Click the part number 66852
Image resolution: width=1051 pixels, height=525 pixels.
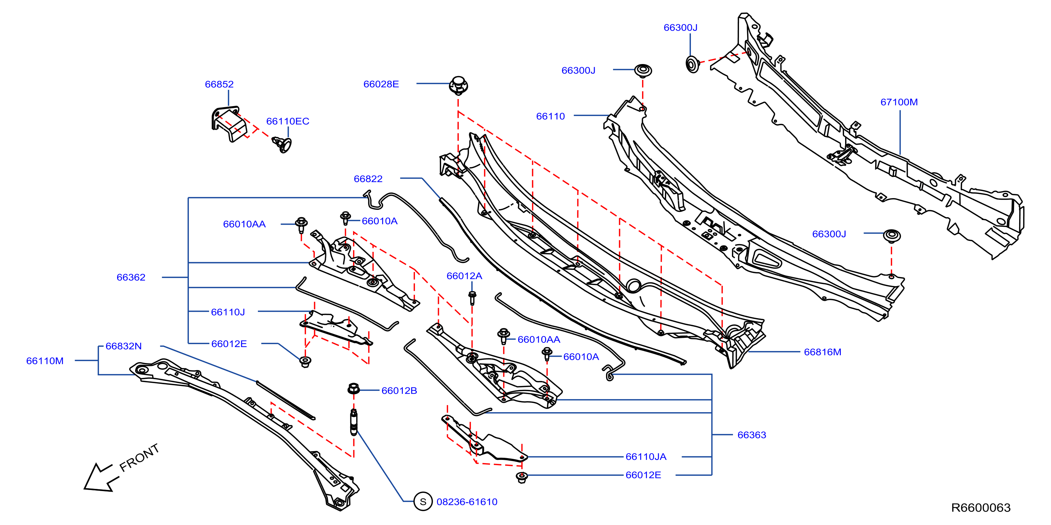coord(219,84)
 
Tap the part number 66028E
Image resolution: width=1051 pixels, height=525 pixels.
coord(381,84)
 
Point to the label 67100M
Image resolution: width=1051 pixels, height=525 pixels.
coord(899,102)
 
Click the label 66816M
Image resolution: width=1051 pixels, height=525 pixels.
coord(822,352)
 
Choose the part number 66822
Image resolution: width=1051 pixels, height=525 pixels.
coord(368,179)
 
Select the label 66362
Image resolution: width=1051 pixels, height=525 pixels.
coord(131,277)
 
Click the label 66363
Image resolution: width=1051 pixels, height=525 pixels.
coord(751,435)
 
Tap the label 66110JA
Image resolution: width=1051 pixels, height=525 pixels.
coord(646,457)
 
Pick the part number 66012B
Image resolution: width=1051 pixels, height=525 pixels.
coord(399,391)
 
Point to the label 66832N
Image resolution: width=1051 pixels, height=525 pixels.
coord(123,346)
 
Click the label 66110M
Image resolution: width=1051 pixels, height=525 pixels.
coord(45,361)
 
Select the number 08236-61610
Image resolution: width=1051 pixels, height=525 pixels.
coord(467,502)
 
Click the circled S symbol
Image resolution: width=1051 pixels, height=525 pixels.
coord(423,502)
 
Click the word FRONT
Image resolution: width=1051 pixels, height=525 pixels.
coord(139,458)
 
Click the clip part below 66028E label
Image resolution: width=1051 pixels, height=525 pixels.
coord(458,85)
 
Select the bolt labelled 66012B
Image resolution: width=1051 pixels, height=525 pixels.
coord(353,388)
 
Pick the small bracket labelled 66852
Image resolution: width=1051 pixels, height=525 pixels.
coord(229,123)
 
